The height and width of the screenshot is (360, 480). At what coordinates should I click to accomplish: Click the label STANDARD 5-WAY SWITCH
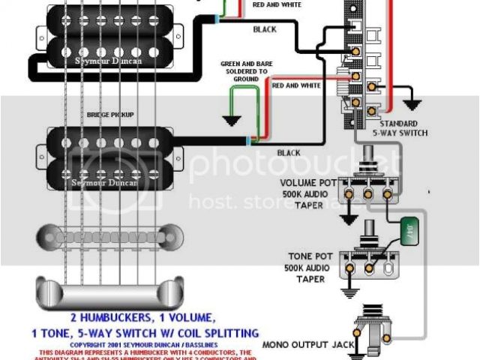pos(403,128)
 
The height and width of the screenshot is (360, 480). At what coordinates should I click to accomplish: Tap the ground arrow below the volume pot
pos(347,218)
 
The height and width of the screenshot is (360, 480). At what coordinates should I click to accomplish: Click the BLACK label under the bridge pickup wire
pos(288,153)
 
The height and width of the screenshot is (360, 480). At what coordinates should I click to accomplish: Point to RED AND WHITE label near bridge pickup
pos(296,86)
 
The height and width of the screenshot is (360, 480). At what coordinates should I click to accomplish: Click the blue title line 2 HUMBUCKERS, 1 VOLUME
pos(143,316)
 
